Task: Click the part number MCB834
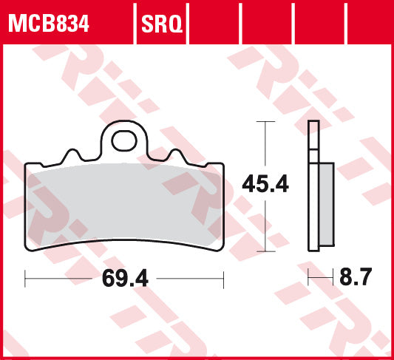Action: pos(49,24)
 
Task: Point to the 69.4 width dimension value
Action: pos(122,279)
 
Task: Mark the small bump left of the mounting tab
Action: pos(72,155)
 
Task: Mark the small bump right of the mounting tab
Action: pos(175,155)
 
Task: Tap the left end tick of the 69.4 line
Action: pos(26,279)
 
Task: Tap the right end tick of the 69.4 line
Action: pos(223,279)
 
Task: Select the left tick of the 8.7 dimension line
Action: pos(309,279)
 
